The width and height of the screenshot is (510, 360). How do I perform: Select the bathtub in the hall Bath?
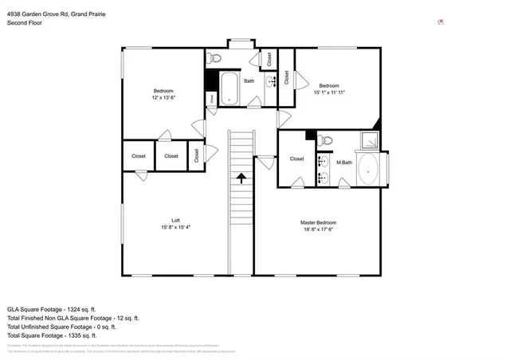[x=230, y=88]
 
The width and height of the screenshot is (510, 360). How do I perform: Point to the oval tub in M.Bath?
[x=370, y=170]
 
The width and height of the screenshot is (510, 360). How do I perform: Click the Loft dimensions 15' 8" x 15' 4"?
[x=175, y=227]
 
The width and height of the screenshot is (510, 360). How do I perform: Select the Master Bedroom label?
[x=318, y=222]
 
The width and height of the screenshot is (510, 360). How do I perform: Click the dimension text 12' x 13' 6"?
[x=163, y=98]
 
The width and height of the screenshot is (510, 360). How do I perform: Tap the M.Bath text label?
[x=344, y=162]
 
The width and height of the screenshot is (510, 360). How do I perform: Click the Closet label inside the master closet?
[x=296, y=159]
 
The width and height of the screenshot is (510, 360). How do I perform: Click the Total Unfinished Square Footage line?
[x=62, y=327]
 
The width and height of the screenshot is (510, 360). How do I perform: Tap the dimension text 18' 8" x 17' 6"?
[x=318, y=229]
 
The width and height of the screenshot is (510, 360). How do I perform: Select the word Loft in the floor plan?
[x=175, y=221]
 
